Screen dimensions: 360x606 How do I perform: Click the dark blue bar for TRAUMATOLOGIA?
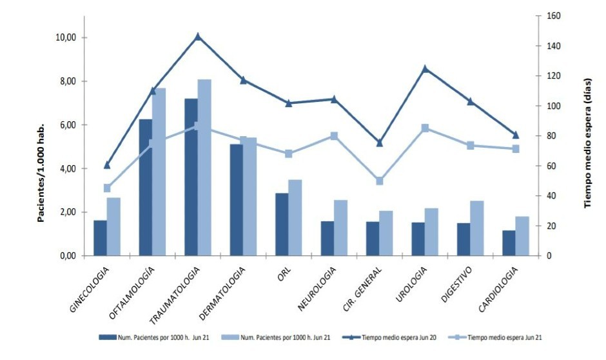click(x=191, y=177)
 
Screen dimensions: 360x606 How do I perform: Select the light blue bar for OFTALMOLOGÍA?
click(x=159, y=172)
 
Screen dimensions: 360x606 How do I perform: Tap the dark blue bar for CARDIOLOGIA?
click(x=509, y=243)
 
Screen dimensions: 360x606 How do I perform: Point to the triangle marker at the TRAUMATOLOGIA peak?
click(x=198, y=36)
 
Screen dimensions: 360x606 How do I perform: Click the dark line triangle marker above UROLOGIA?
click(x=425, y=68)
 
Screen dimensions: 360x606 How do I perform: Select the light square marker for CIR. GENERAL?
click(x=380, y=181)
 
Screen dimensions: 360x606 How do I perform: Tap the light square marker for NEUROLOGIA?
click(x=334, y=136)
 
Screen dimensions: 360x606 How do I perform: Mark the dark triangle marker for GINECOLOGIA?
click(x=107, y=165)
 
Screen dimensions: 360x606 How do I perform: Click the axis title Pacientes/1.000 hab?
click(x=40, y=171)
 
